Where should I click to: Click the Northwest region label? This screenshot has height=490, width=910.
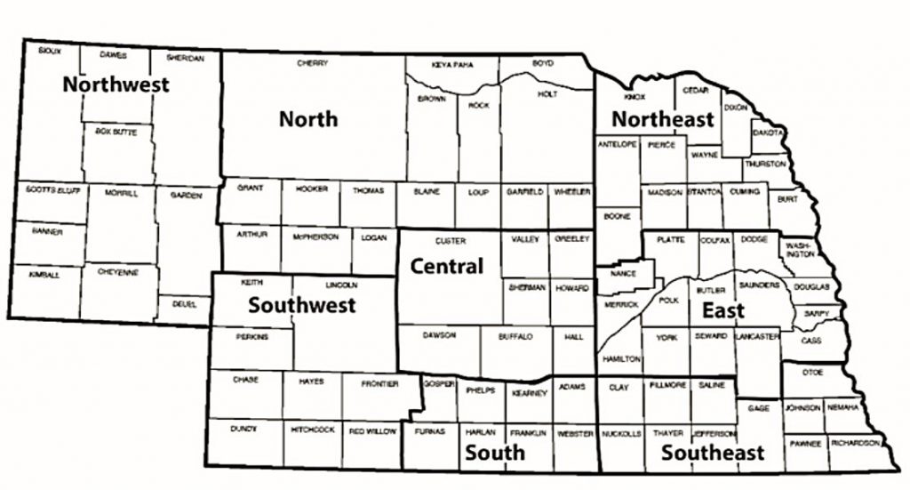[x=116, y=85]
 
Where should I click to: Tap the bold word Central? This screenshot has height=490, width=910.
[x=446, y=266]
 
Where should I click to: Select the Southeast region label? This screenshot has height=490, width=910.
[x=713, y=453]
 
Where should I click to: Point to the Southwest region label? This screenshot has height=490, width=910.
[x=301, y=305]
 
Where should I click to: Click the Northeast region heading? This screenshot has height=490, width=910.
[x=663, y=119]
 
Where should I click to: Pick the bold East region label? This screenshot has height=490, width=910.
[x=723, y=310]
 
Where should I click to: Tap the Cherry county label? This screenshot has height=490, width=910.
[x=313, y=63]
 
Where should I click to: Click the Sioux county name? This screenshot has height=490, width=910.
[x=50, y=52]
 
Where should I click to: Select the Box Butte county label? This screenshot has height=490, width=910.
[x=116, y=131]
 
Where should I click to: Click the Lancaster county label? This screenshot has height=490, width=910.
[x=758, y=336]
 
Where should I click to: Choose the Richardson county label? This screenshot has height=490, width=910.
[x=856, y=442]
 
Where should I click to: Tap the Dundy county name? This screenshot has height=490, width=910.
[x=243, y=429]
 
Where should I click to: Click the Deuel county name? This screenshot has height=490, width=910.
[x=185, y=303]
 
